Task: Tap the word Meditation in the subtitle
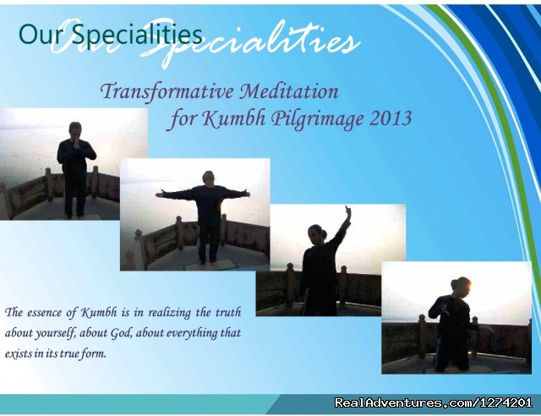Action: pyautogui.click(x=289, y=91)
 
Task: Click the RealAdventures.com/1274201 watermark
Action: pyautogui.click(x=433, y=402)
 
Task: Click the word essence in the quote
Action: pyautogui.click(x=44, y=313)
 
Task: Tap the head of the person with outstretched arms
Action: pyautogui.click(x=209, y=178)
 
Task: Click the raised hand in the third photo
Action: pyautogui.click(x=347, y=213)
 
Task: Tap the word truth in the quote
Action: pyautogui.click(x=228, y=313)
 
